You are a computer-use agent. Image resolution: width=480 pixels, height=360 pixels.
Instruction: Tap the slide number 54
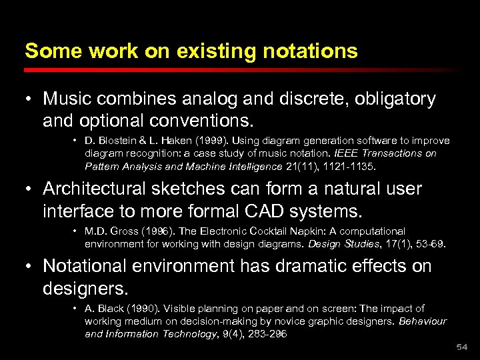(462, 347)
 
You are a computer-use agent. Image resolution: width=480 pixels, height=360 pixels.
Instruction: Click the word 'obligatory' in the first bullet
(394, 99)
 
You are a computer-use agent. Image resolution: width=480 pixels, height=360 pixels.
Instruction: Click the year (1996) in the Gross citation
(150, 231)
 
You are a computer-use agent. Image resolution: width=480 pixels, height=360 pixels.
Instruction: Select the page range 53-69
(428, 244)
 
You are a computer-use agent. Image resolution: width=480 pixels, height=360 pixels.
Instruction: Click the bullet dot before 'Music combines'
(31, 100)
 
